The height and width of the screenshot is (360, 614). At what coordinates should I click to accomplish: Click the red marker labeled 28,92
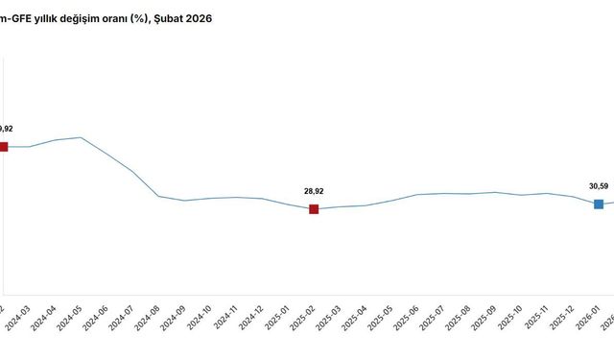[314, 209]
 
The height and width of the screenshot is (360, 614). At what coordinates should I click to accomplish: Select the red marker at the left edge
[3, 147]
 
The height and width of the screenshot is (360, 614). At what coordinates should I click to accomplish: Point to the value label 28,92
[314, 191]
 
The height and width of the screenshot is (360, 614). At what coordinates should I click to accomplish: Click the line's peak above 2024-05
[81, 137]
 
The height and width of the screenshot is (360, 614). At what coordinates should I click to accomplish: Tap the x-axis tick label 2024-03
[15, 318]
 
